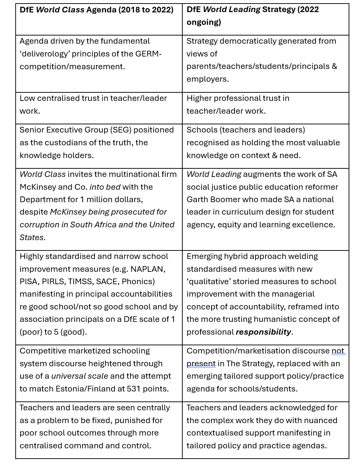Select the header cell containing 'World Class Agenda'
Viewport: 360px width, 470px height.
click(98, 19)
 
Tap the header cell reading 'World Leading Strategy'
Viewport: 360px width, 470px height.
click(265, 19)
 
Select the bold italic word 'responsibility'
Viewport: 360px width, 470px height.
click(263, 332)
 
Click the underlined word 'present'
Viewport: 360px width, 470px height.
click(201, 364)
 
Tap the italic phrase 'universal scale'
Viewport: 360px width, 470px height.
click(79, 376)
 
